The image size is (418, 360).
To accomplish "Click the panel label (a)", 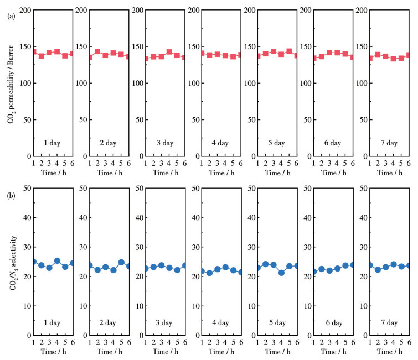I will click(x=11, y=17).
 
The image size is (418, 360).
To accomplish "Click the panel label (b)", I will click(x=11, y=196).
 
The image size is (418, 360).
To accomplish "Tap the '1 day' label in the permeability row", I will click(x=53, y=143).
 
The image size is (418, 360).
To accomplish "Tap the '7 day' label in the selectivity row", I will click(x=389, y=322).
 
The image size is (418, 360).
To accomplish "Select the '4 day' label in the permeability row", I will click(x=221, y=143).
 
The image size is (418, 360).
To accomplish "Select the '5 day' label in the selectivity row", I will click(x=277, y=322).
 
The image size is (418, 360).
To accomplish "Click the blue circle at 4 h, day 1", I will click(x=57, y=260).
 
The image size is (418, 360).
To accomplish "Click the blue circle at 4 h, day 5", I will click(x=281, y=273).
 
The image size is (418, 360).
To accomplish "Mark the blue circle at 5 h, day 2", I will click(x=121, y=262).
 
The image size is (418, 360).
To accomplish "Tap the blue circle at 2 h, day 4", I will click(x=209, y=273).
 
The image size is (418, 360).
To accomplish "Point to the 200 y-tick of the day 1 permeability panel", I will click(x=23, y=10).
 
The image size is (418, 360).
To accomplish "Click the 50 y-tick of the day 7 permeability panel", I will click(x=361, y=119).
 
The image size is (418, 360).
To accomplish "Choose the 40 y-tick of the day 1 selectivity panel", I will click(x=24, y=217).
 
